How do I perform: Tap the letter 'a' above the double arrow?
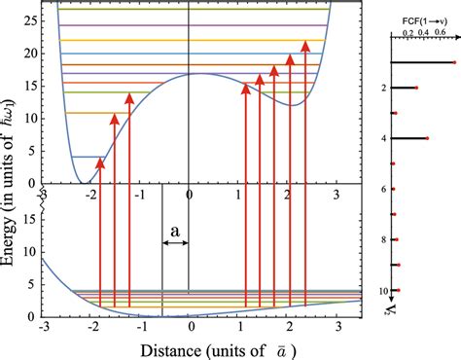tap(175, 230)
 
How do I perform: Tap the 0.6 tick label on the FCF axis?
tap(441, 31)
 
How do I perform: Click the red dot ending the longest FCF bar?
tap(453, 63)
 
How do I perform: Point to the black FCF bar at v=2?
tap(405, 89)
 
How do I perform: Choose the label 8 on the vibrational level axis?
tap(385, 239)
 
